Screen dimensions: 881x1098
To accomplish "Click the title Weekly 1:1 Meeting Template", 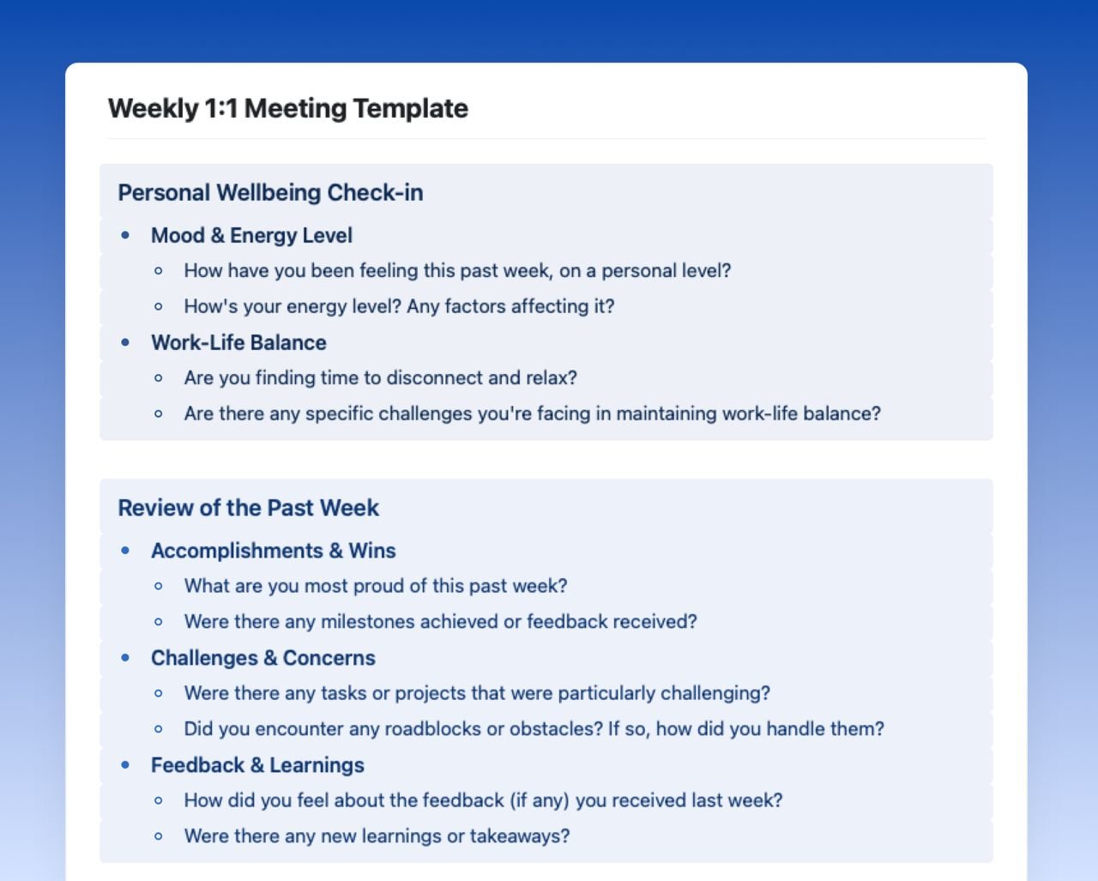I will coord(287,109).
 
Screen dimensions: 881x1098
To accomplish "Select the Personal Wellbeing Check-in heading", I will coord(270,193).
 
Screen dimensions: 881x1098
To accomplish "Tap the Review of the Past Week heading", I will coord(248,508).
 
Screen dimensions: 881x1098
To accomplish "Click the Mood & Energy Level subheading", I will coord(251,236).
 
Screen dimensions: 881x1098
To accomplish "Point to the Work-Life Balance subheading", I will coord(238,343).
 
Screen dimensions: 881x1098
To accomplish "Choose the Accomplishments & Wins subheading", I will coord(273,551).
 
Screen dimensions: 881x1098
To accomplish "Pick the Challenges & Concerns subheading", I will coord(262,658).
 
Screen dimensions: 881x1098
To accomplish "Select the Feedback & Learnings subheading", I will coord(257,765).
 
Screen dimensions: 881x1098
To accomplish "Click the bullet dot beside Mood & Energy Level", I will coord(126,235).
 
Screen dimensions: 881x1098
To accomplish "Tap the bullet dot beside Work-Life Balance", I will coord(126,342).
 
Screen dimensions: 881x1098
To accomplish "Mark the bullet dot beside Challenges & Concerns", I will coord(126,658).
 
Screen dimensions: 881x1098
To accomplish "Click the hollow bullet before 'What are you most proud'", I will coord(159,587).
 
